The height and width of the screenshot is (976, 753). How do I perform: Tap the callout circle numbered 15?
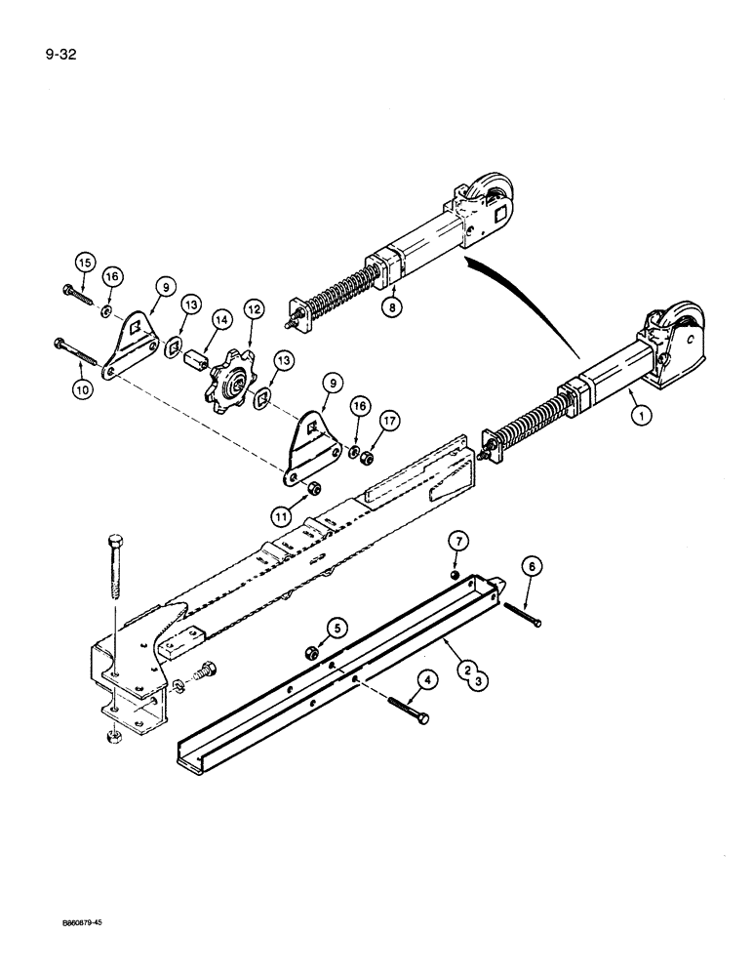(84, 263)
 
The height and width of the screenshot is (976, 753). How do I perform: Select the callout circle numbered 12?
(255, 309)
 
